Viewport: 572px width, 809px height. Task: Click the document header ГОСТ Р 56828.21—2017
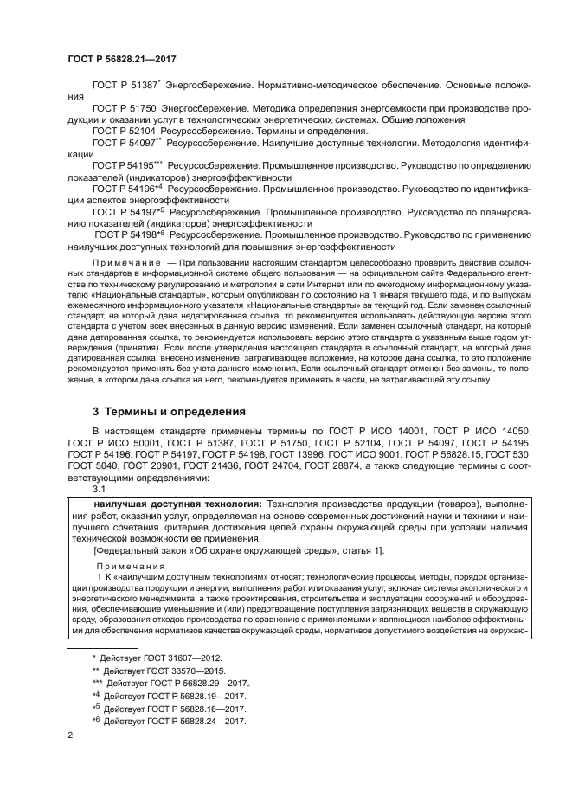click(115, 60)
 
